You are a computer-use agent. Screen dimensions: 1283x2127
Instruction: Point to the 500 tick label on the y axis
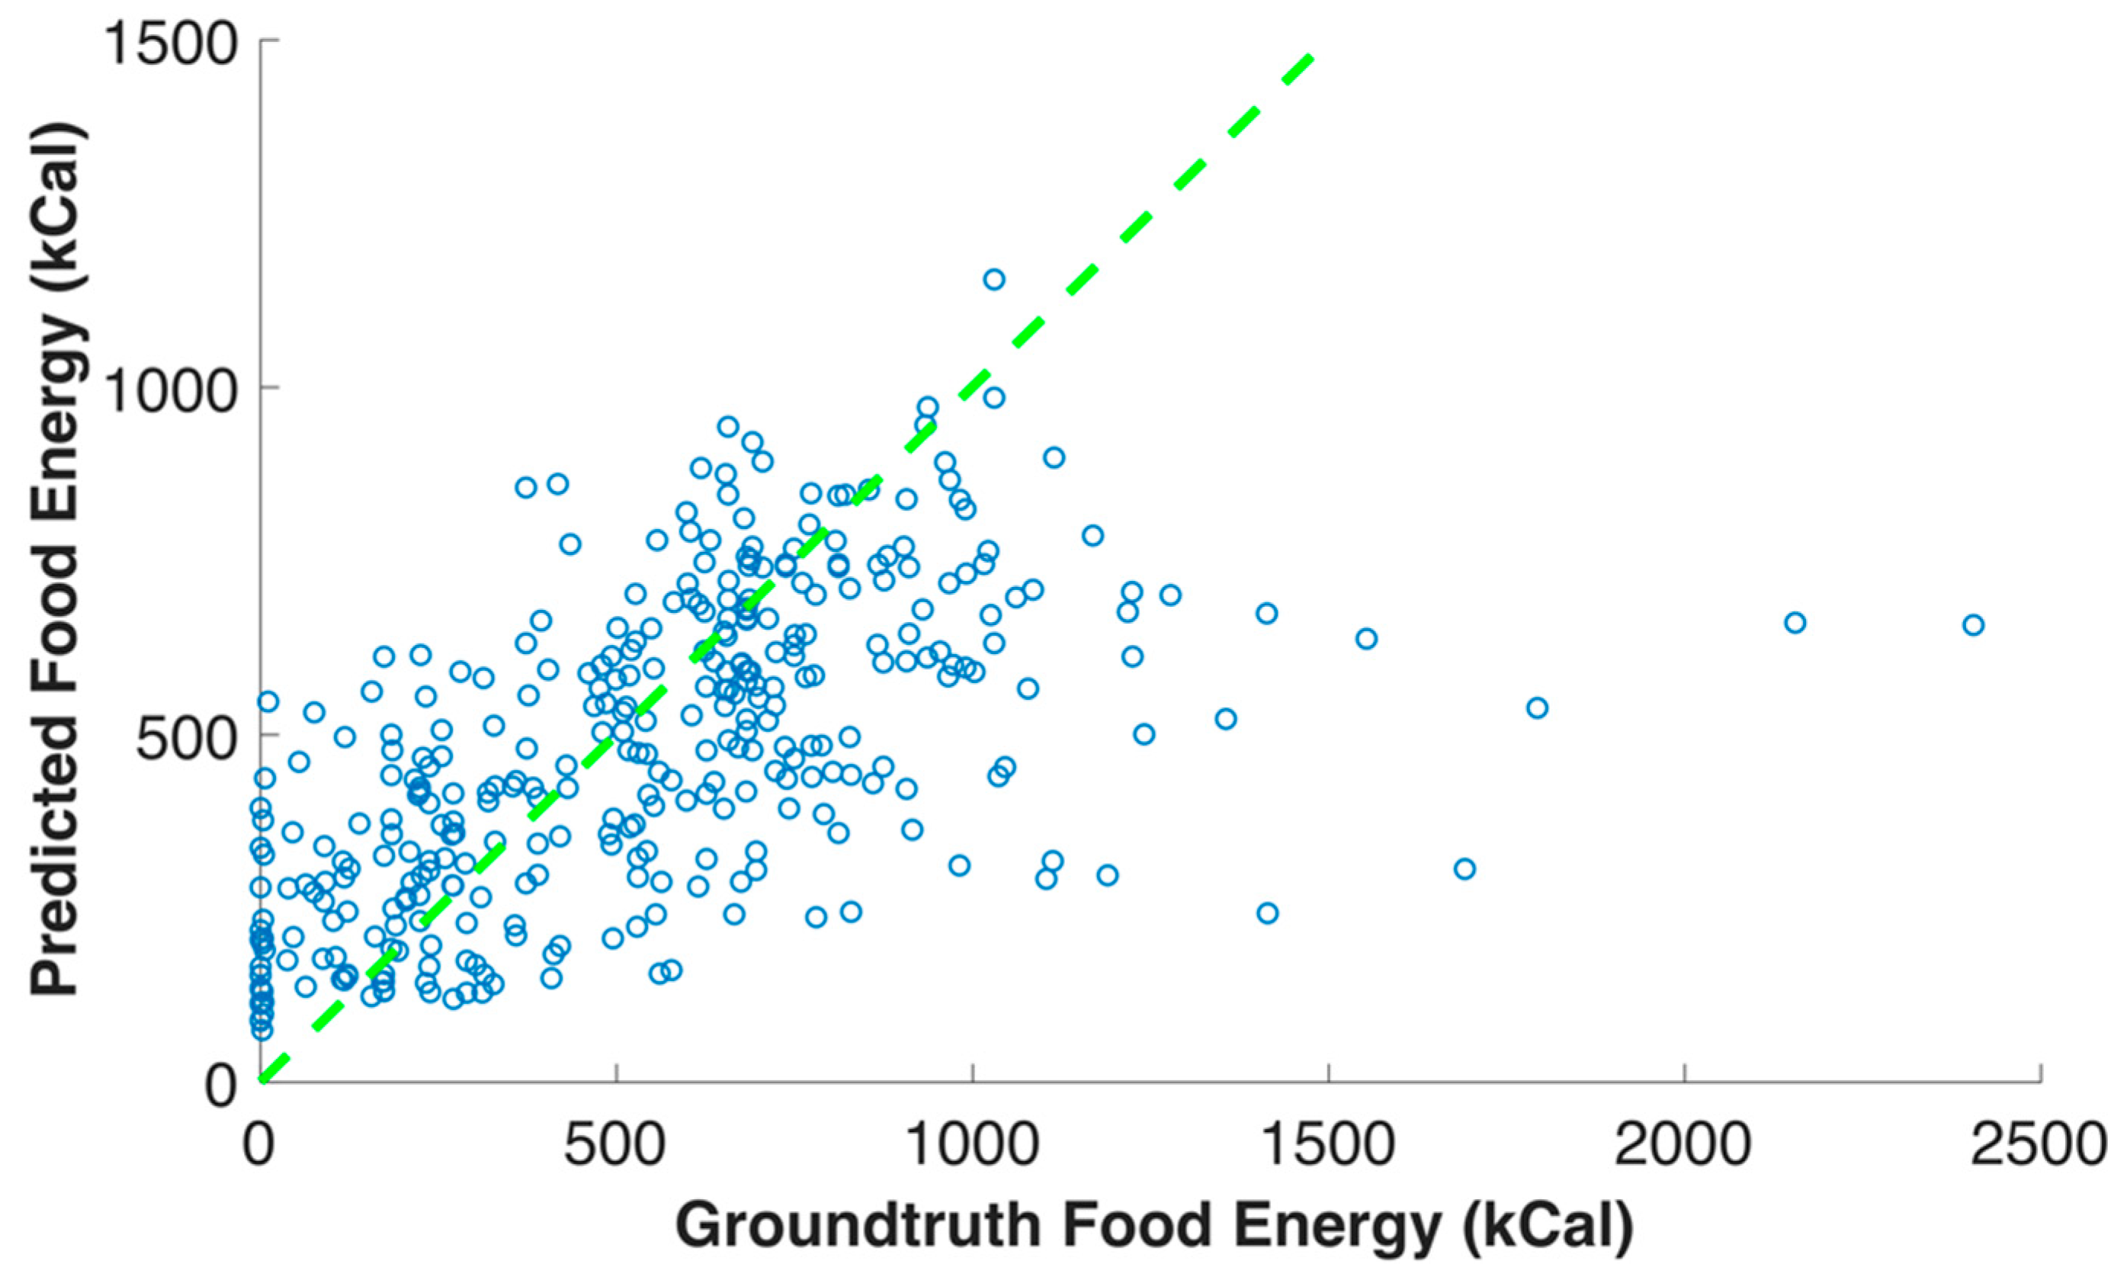(185, 738)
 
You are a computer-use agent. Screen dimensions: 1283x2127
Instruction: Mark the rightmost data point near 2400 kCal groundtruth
(1972, 625)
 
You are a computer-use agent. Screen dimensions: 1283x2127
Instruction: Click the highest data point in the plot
(993, 279)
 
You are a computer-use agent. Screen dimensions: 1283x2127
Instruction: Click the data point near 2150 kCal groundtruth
(1795, 623)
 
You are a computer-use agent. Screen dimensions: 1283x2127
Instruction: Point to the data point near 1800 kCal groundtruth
(1537, 708)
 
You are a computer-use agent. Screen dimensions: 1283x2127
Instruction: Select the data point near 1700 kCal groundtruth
(1464, 868)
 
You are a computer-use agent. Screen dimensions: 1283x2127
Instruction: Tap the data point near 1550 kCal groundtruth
(1365, 639)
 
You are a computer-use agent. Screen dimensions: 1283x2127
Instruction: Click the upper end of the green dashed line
(1310, 57)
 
